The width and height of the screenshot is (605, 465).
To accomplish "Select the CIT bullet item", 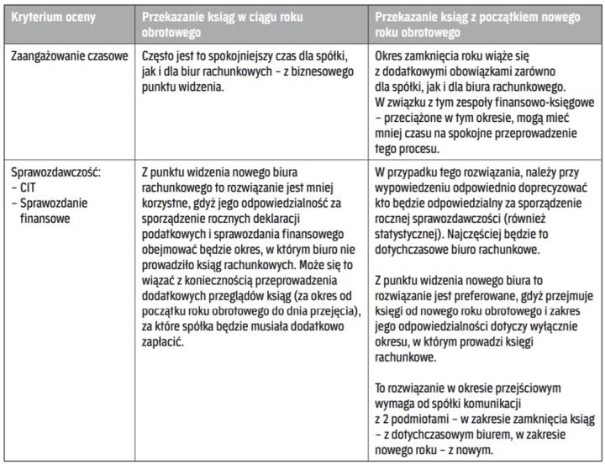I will [28, 186].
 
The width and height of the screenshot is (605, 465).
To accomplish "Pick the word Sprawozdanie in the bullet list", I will [54, 202].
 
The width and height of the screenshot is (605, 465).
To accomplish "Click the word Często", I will [160, 55].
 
